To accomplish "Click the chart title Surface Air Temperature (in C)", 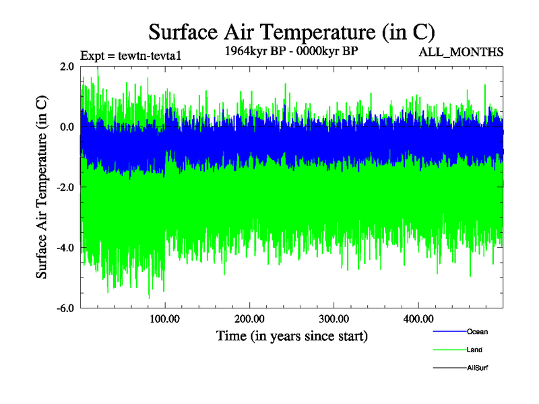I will [x=292, y=32].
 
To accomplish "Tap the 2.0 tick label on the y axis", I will [x=67, y=66].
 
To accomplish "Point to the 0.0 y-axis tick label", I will [x=67, y=127].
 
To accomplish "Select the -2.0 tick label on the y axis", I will [x=65, y=187].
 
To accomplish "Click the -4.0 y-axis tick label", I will [x=65, y=248].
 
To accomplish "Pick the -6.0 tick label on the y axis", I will [x=65, y=308].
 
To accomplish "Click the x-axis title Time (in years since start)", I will [x=292, y=335].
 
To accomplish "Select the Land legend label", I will [x=474, y=349].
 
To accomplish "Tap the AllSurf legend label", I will [x=478, y=368].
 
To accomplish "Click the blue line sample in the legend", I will [x=448, y=331].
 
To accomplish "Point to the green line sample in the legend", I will [x=448, y=349].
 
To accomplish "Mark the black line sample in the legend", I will [x=448, y=368].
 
